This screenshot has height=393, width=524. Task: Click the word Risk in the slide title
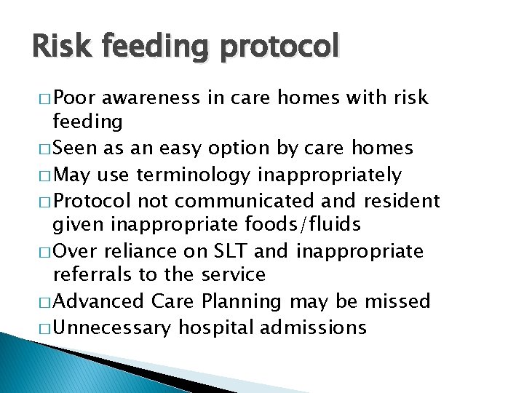click(60, 47)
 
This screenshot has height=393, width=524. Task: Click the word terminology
click(218, 175)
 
